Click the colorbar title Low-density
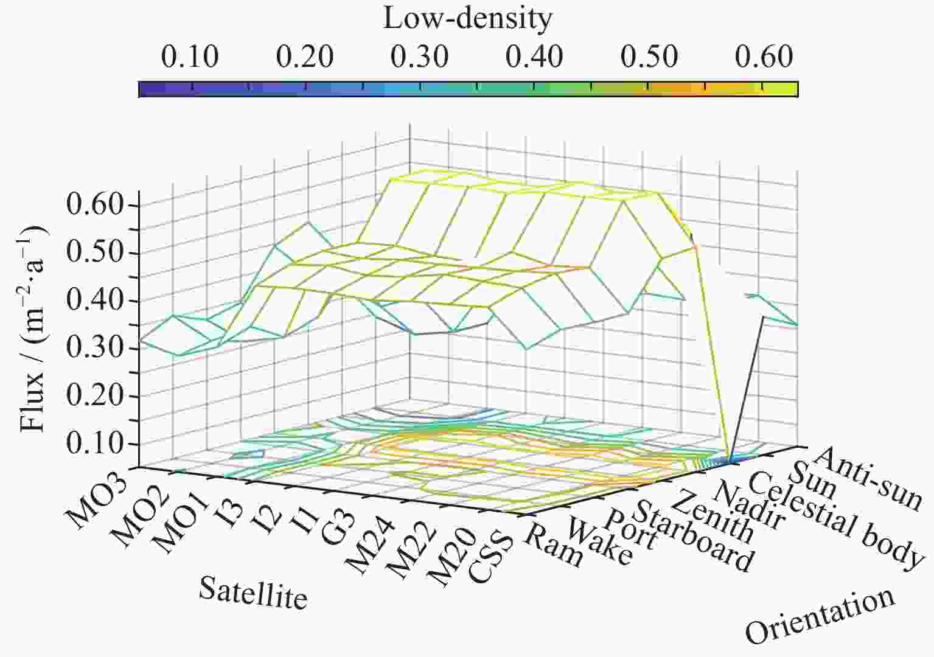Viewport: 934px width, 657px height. (x=467, y=19)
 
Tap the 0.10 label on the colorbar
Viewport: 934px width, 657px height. (x=190, y=57)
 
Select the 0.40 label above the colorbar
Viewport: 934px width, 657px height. (x=534, y=57)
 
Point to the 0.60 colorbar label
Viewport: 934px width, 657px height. (x=764, y=57)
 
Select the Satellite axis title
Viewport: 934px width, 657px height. (x=253, y=593)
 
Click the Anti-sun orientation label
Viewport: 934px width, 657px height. (x=867, y=478)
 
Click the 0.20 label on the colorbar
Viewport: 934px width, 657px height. (x=304, y=57)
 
